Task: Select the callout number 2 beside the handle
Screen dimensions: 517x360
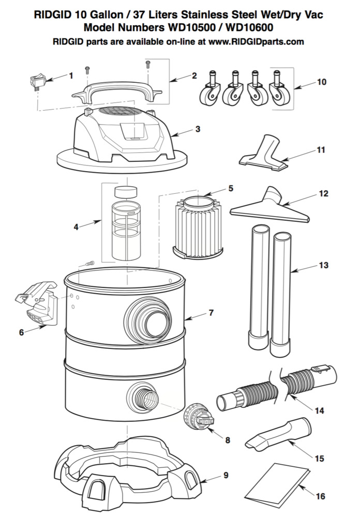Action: (194, 75)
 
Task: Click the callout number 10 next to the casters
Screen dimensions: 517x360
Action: (321, 82)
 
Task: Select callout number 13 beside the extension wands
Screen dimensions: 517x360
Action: (323, 265)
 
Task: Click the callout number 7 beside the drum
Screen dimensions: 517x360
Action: (211, 313)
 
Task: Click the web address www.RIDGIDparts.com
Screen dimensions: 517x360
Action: (256, 42)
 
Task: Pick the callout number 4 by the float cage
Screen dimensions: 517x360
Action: (76, 226)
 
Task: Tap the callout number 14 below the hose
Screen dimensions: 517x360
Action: (319, 411)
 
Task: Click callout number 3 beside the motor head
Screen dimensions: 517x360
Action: (197, 129)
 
